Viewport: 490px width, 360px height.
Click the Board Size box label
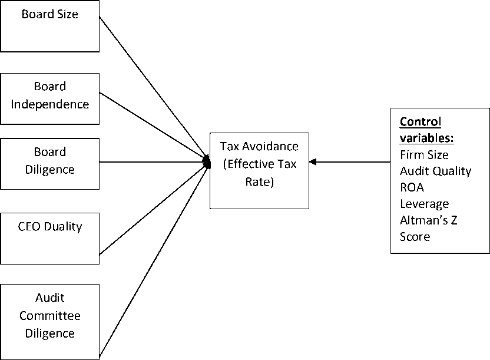[x=50, y=14]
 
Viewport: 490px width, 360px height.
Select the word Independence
[x=50, y=104]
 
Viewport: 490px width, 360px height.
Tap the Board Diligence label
[x=50, y=161]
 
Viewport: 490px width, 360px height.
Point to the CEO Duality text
[x=50, y=227]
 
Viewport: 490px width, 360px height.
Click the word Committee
[x=50, y=316]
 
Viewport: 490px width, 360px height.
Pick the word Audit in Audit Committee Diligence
[x=50, y=298]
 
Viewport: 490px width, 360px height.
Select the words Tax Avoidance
[x=259, y=146]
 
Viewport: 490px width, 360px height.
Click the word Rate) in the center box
[x=259, y=181]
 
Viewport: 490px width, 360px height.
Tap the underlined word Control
[x=421, y=121]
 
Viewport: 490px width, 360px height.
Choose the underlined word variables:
[x=427, y=138]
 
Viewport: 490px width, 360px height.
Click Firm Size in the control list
[x=425, y=155]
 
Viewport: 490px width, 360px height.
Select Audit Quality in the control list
[x=436, y=171]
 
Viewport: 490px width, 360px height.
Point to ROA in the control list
[x=412, y=187]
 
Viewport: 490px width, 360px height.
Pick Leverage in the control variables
[x=425, y=204]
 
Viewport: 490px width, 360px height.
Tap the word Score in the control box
[x=415, y=237]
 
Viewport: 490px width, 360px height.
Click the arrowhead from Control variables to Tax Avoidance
[x=313, y=162]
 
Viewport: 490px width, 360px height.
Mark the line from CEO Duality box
[x=154, y=209]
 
